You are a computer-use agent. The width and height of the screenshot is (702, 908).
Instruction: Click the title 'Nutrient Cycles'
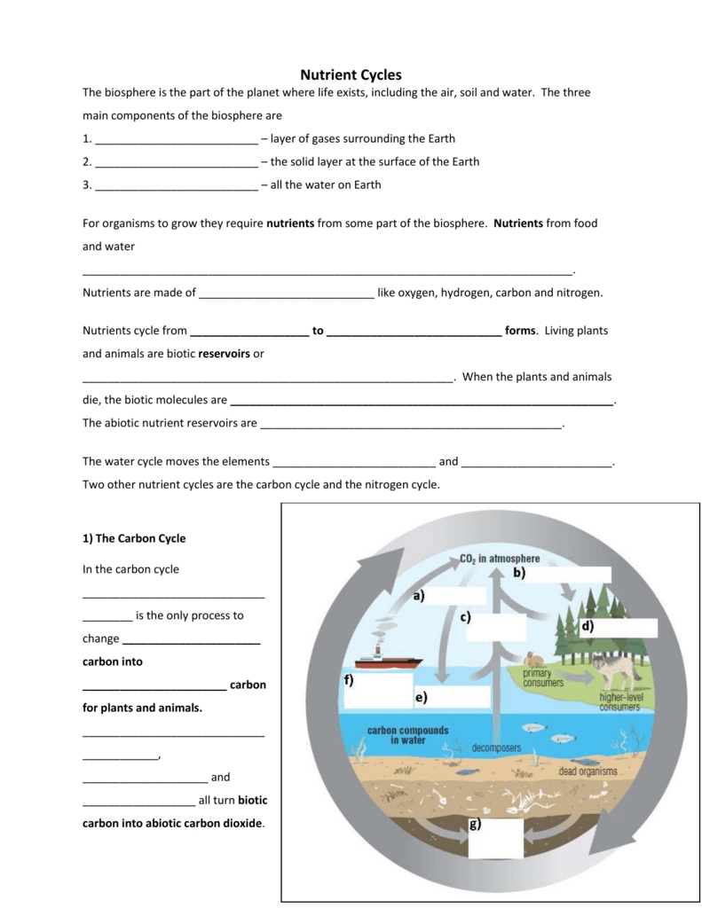click(x=351, y=75)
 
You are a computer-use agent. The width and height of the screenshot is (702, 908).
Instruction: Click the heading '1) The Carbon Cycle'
click(x=134, y=538)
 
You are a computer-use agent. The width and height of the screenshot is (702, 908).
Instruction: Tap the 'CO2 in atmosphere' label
click(x=500, y=559)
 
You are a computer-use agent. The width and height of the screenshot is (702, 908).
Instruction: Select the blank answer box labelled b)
click(x=572, y=574)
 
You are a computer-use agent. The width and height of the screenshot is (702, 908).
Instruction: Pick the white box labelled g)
click(x=496, y=839)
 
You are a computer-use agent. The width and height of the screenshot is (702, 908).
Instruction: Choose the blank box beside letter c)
click(x=496, y=627)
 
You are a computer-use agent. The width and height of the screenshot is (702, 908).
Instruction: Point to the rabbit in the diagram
click(x=533, y=659)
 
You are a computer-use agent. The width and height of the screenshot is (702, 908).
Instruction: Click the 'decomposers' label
click(x=496, y=748)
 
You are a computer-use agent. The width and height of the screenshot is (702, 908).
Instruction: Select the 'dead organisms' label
click(x=588, y=771)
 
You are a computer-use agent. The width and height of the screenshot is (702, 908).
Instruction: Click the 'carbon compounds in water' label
click(x=407, y=735)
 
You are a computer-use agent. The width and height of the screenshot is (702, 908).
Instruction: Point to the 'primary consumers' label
click(x=543, y=678)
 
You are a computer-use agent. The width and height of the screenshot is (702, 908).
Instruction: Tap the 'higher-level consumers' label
click(x=619, y=701)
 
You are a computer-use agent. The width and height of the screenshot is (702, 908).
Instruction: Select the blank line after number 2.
click(x=176, y=162)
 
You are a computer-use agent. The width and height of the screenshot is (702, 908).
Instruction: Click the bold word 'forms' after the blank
click(x=520, y=330)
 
